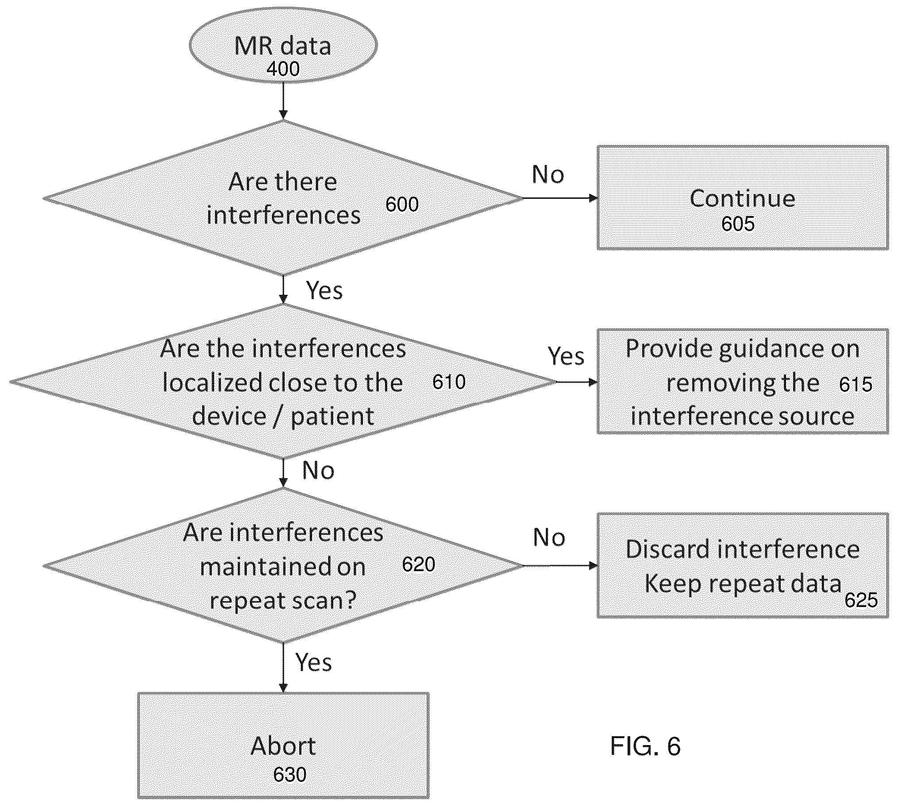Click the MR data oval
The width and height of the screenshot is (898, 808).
[x=283, y=45]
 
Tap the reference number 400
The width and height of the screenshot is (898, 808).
[x=283, y=69]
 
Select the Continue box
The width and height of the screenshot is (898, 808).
[x=743, y=197]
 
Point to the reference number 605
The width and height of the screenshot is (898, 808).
[x=738, y=223]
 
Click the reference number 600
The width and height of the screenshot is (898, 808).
[x=402, y=204]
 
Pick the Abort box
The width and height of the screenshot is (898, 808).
[x=283, y=746]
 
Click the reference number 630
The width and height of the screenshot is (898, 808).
[x=289, y=775]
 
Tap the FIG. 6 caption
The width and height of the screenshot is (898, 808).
[x=645, y=746]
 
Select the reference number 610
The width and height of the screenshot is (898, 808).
[x=449, y=382]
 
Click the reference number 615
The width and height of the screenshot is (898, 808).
[x=856, y=384]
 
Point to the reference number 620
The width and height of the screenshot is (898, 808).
[x=418, y=564]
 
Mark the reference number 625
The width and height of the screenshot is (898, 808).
[x=861, y=600]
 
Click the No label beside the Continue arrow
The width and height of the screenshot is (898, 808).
[x=548, y=174]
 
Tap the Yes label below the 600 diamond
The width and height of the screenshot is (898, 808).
[x=324, y=291]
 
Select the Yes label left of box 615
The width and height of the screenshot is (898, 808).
[x=566, y=356]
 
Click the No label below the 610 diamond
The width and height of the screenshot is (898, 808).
[x=318, y=471]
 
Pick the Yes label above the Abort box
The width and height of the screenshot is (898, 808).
[x=313, y=663]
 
